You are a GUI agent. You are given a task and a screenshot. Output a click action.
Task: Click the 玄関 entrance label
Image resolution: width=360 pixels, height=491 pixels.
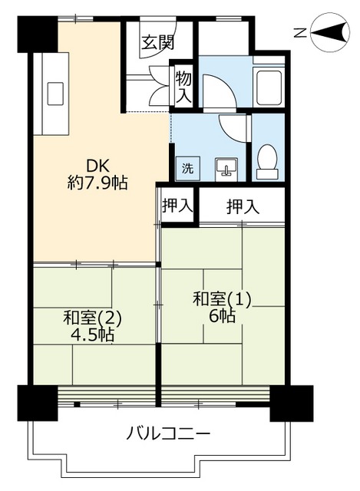tap(157, 42)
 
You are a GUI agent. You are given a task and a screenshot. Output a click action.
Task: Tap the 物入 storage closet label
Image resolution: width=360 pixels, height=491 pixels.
tap(183, 87)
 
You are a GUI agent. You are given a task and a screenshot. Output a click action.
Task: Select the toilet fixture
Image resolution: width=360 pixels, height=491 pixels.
tap(267, 162)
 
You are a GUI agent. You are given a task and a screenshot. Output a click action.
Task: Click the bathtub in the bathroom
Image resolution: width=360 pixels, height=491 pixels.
tap(269, 88)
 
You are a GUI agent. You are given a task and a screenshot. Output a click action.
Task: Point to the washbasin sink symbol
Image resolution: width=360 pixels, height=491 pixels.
tap(226, 169)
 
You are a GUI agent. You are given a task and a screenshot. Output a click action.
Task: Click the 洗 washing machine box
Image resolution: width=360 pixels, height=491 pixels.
tap(188, 169)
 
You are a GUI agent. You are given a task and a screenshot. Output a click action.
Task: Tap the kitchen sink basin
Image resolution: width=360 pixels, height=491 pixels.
tap(55, 94)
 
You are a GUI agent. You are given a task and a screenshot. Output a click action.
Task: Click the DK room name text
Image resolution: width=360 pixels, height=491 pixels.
tap(97, 166)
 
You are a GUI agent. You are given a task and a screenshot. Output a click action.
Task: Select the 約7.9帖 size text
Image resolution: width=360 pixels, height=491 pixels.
tap(97, 183)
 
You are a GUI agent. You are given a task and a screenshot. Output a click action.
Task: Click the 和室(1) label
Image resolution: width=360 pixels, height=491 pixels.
tap(222, 299)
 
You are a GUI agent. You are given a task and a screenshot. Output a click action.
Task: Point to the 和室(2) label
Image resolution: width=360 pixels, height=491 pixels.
tap(92, 318)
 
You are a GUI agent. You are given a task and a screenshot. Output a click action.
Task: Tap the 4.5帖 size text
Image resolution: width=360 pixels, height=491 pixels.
tap(92, 335)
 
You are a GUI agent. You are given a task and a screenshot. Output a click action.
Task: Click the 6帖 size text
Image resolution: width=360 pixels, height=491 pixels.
tap(222, 316)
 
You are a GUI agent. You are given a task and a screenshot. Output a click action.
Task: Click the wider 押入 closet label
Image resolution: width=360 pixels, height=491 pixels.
tap(243, 206)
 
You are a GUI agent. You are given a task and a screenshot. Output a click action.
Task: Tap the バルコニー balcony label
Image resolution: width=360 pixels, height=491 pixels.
tap(168, 434)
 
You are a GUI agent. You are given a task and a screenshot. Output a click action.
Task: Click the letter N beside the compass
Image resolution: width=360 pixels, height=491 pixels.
tap(300, 32)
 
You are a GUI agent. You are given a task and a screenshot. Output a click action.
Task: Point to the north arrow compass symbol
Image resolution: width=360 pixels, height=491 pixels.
tap(330, 31)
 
